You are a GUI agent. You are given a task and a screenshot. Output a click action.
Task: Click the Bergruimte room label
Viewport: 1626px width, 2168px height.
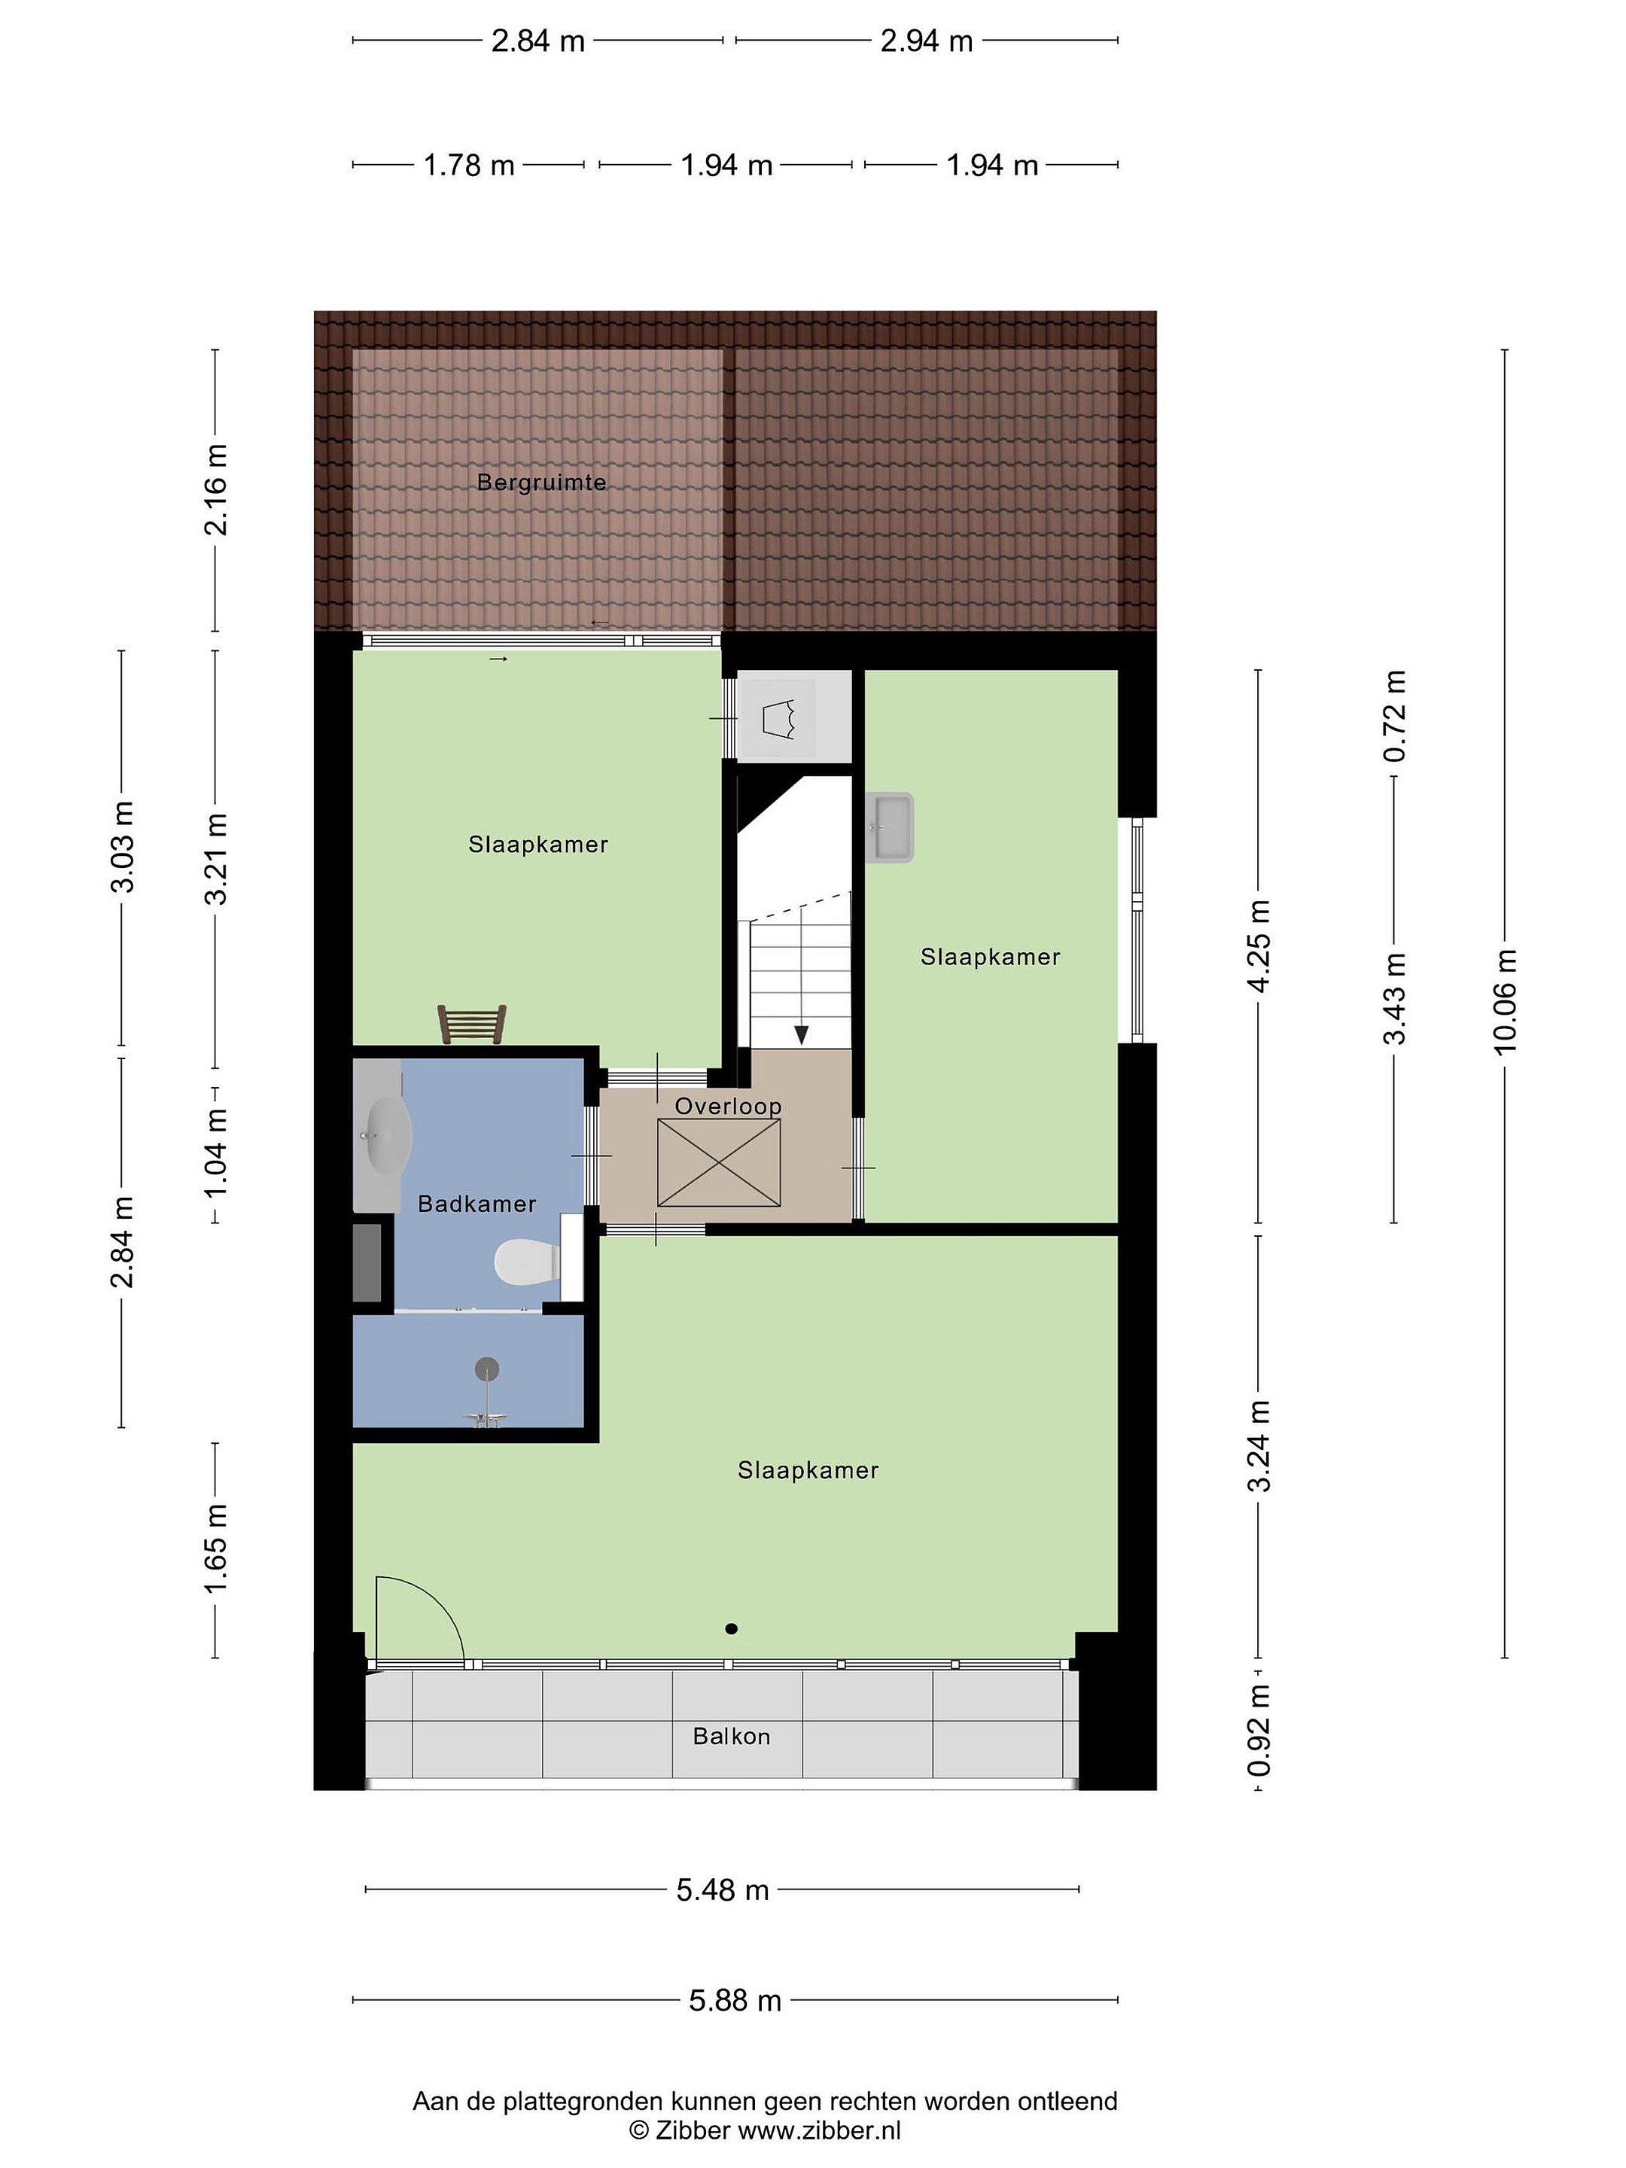[541, 483]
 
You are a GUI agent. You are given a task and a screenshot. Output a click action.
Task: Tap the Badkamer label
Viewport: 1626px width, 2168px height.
[477, 1204]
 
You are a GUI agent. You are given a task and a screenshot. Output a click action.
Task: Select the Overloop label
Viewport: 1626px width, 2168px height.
[728, 1107]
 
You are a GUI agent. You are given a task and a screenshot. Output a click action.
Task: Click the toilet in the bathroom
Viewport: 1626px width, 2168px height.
[526, 1262]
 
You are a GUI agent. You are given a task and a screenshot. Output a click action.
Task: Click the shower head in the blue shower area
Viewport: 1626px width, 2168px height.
[486, 1369]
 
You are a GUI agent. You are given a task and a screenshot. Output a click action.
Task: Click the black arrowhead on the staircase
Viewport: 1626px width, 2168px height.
[802, 1035]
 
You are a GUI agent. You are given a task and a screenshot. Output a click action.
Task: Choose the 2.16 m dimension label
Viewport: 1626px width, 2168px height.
[215, 490]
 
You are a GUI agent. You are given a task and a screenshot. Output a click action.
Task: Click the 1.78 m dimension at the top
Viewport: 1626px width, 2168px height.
[468, 165]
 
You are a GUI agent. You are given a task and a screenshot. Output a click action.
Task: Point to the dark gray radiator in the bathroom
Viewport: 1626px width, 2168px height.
[367, 1262]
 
